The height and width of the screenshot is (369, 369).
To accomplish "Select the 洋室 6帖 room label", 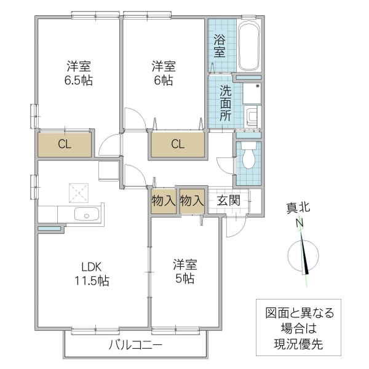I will point(164,73).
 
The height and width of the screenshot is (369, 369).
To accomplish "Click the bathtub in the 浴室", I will point(250,46).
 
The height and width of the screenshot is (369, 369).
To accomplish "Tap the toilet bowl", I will point(249,157).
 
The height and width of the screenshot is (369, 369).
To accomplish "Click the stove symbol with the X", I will point(79,192).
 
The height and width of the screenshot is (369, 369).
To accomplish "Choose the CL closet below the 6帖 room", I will point(177,145).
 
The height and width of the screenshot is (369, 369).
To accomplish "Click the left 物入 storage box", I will point(164,200).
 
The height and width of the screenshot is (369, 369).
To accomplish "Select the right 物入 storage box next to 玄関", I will point(192,200).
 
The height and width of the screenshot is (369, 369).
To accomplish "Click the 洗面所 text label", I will point(226,101).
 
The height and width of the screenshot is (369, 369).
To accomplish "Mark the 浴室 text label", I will point(219,47).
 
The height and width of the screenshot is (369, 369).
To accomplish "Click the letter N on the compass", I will point(300,223).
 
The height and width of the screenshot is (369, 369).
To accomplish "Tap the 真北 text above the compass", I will point(298,208).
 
